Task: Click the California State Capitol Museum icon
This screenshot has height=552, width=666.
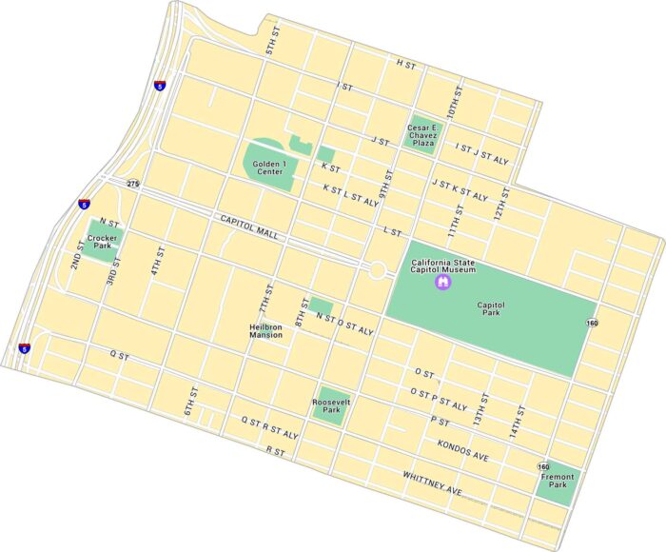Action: click(442, 283)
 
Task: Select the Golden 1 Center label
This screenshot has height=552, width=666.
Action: click(270, 167)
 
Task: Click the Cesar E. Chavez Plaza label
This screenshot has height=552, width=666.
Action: click(423, 132)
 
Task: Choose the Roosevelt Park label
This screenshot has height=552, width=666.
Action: click(331, 404)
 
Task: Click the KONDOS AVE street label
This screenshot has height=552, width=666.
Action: click(463, 450)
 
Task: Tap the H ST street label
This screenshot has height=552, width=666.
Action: click(406, 63)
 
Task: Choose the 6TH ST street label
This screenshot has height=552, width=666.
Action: click(190, 402)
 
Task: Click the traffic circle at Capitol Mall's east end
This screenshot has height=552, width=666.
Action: click(377, 270)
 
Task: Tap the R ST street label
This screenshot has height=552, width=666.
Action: click(276, 450)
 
